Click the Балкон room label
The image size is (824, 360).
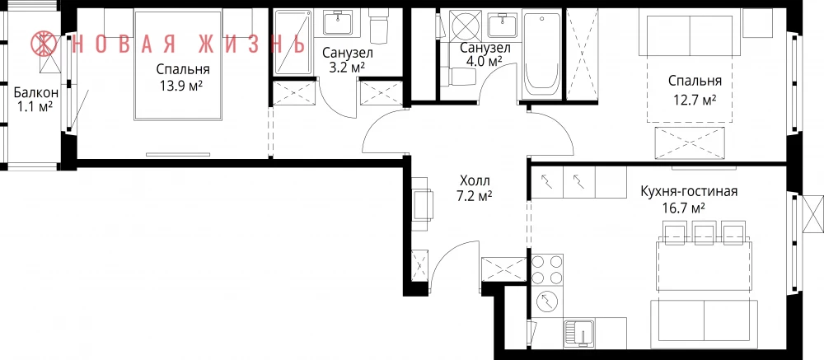pos(35,93)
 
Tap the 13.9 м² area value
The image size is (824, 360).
pos(181,86)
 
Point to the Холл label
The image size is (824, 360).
pos(475,181)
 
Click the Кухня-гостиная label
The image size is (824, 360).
pos(688,191)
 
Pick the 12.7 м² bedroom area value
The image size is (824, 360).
pos(695,99)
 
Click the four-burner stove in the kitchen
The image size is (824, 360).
pos(547,270)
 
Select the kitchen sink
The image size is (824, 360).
pos(579,332)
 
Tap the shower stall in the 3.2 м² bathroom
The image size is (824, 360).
pos(293,43)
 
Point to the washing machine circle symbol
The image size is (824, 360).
pos(546,302)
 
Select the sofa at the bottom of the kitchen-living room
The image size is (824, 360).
pos(705,323)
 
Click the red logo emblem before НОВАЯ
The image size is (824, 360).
pos(44,43)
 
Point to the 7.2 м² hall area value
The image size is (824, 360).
pos(475,196)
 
